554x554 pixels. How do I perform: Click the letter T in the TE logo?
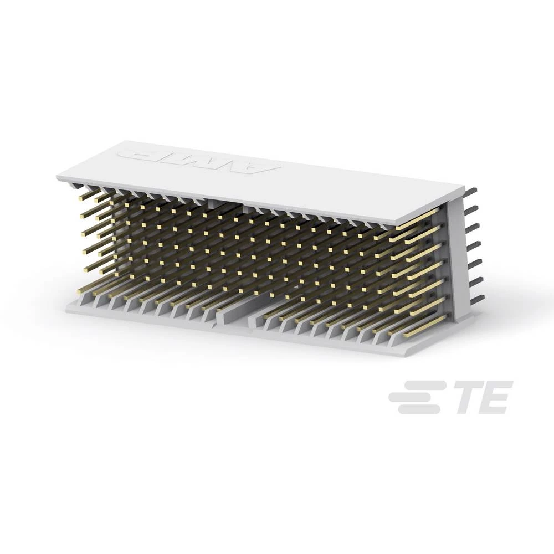point(468,397)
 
